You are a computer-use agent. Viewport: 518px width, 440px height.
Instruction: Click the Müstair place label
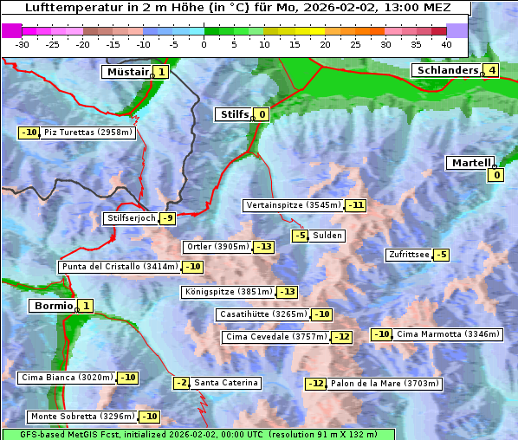126,72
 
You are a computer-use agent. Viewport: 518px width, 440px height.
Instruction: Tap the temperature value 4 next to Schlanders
491,70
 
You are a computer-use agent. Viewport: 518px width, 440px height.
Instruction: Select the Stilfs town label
233,113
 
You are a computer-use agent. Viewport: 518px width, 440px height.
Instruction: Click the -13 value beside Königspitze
288,292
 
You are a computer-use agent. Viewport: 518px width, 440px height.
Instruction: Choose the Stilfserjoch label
131,218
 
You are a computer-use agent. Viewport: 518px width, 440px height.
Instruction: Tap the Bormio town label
52,306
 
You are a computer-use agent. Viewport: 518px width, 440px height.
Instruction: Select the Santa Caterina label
225,383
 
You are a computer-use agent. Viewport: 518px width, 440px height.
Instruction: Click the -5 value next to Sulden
300,236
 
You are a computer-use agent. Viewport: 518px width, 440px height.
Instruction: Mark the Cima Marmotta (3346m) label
448,334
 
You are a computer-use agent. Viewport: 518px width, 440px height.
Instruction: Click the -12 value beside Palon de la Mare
316,384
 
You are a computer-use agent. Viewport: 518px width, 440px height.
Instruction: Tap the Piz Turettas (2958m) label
88,133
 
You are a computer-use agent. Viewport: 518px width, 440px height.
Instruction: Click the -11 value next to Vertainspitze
355,205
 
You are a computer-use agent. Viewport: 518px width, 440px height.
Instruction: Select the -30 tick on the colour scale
23,44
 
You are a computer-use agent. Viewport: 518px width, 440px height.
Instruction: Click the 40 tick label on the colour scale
446,44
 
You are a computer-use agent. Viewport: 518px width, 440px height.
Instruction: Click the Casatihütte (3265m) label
263,314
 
